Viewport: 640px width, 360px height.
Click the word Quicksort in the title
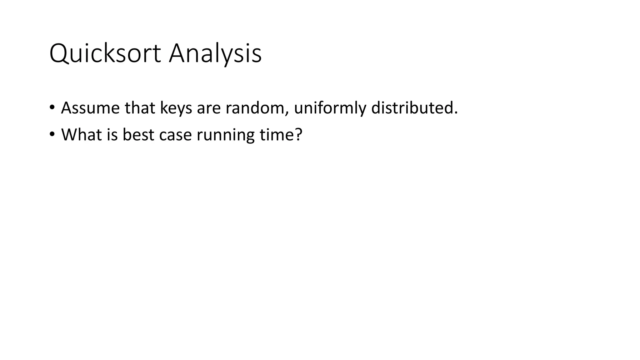tap(105, 54)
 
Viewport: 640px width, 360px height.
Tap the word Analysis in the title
tap(215, 54)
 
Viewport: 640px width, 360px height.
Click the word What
tap(81, 135)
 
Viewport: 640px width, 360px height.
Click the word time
tap(276, 135)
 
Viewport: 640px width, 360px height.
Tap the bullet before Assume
tap(52, 108)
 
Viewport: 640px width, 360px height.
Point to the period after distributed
tap(455, 113)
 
